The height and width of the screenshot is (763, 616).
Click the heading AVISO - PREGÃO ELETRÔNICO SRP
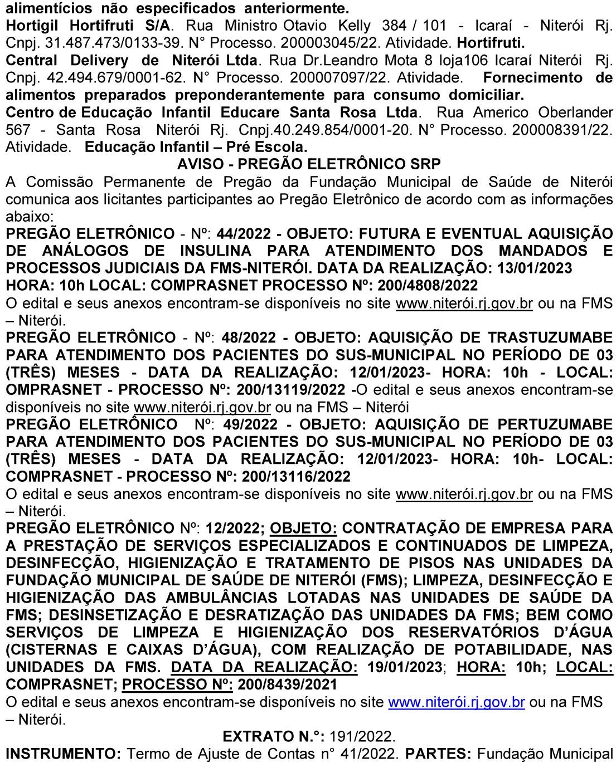pos(308,164)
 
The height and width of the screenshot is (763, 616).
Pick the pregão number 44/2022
pos(239,233)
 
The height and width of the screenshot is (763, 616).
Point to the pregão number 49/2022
pos(250,424)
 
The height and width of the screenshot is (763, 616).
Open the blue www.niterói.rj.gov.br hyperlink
pos(457,702)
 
